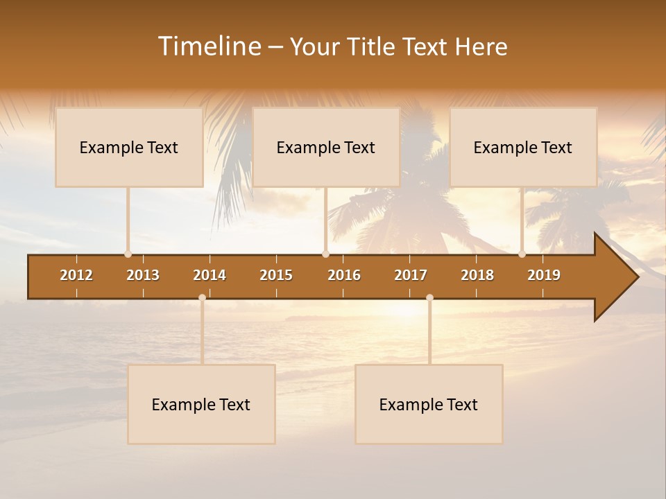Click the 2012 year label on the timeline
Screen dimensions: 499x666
tap(76, 275)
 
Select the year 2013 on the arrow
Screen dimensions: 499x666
tap(143, 275)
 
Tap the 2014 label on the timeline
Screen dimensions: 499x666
tap(210, 275)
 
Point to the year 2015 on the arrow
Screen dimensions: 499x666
tap(276, 275)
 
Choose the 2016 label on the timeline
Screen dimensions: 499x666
tap(344, 275)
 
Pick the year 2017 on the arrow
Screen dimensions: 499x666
tap(411, 275)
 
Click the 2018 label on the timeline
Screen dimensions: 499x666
tap(477, 275)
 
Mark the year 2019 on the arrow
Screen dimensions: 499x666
tap(544, 275)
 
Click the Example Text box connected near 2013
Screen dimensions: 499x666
tap(129, 147)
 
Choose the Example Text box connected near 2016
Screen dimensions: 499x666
tap(326, 147)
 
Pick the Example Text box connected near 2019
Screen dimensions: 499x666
tap(523, 147)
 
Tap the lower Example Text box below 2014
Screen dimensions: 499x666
tap(201, 404)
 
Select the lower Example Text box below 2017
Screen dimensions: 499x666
tap(429, 404)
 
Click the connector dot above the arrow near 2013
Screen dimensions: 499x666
tap(128, 254)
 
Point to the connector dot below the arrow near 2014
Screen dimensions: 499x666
tap(202, 297)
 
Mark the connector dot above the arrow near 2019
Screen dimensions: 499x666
tap(522, 254)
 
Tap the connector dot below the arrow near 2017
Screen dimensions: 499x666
tap(429, 297)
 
